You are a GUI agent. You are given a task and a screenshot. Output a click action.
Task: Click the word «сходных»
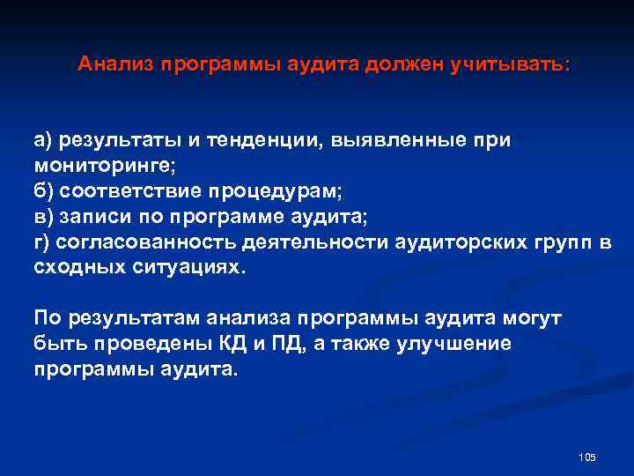pyautogui.click(x=78, y=267)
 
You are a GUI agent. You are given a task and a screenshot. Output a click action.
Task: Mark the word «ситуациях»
pyautogui.click(x=186, y=267)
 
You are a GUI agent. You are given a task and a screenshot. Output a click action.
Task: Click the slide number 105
pyautogui.click(x=588, y=457)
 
